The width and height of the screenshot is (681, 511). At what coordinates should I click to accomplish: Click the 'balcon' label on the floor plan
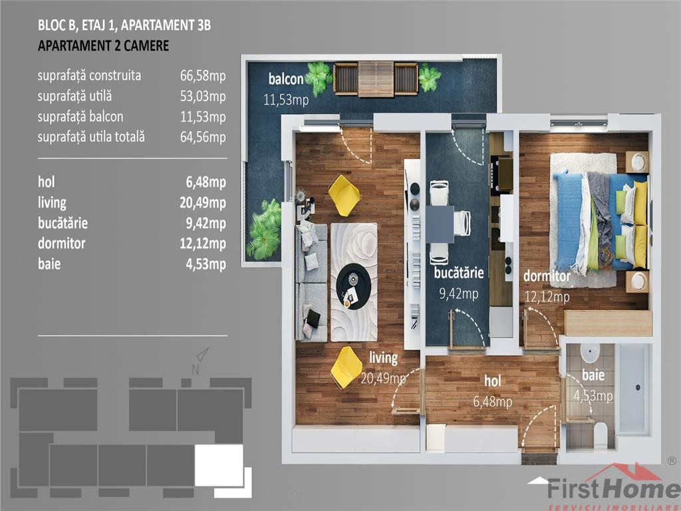click(286, 79)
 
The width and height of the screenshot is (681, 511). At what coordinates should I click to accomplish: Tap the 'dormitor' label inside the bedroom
click(547, 276)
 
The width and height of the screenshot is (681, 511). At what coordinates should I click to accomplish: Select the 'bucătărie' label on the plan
click(459, 273)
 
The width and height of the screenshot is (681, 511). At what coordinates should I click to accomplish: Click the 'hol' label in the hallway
click(493, 381)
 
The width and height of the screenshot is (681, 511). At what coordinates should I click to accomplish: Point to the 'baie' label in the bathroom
click(593, 375)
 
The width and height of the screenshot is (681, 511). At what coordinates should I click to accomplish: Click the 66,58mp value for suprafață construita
click(203, 76)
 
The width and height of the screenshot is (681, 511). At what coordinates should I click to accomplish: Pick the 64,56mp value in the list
click(203, 137)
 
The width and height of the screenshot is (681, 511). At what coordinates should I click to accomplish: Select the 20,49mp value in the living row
click(203, 202)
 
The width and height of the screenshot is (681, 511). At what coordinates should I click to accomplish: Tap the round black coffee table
click(353, 286)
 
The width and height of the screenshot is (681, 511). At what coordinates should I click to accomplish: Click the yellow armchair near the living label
click(346, 367)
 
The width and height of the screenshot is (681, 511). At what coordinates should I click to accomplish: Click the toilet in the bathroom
click(601, 434)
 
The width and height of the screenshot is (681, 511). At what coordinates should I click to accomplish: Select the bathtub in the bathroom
click(634, 389)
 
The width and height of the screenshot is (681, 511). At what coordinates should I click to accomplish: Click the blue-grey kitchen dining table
click(440, 224)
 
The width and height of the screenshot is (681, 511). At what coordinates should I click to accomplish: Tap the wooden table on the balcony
click(376, 79)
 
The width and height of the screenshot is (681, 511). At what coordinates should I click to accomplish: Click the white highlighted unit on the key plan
click(219, 465)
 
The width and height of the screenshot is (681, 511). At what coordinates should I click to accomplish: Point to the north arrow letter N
click(196, 370)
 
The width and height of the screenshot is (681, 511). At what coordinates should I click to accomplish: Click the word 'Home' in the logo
click(643, 489)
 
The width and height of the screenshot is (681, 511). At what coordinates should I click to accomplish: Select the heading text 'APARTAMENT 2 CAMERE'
click(103, 46)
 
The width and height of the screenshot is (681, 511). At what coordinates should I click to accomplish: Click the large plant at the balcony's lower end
click(264, 229)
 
